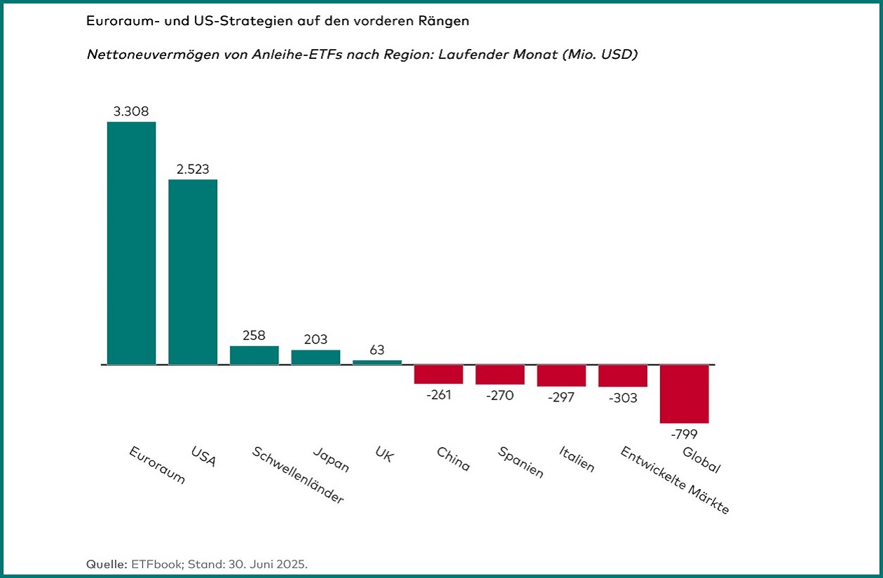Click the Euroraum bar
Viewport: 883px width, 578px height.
click(131, 243)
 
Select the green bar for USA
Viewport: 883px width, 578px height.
click(193, 272)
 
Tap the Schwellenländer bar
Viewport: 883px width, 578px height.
click(254, 355)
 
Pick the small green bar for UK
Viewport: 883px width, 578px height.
click(377, 362)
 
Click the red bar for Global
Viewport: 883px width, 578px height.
click(684, 394)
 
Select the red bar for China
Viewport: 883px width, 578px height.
click(439, 374)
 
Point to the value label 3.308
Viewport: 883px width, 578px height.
click(131, 111)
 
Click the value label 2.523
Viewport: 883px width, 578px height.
click(193, 169)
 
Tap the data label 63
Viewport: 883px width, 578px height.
click(377, 350)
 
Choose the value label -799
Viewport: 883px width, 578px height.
click(684, 434)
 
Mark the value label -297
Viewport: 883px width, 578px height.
click(561, 397)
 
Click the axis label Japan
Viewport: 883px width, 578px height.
click(331, 460)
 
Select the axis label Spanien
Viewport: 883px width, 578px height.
click(521, 462)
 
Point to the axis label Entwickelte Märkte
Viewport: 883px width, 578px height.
click(675, 480)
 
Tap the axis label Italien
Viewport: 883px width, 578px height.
click(577, 458)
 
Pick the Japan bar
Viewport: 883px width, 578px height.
click(315, 357)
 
